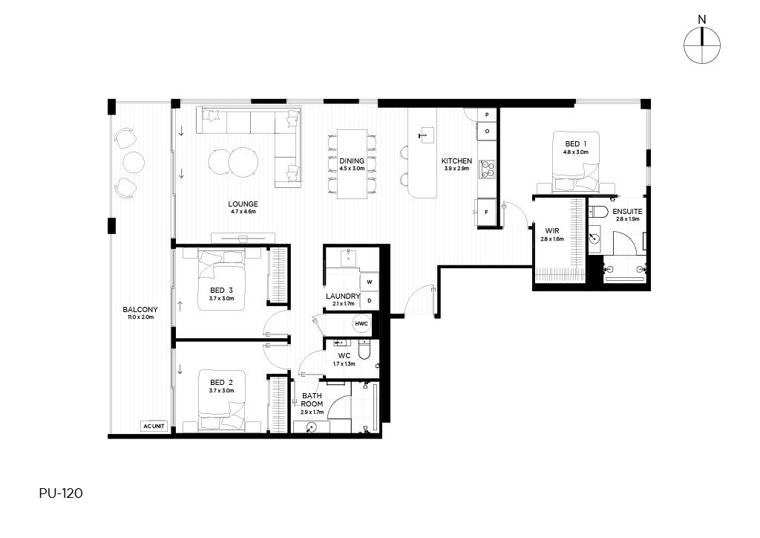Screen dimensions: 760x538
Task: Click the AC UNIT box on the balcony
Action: tap(154, 426)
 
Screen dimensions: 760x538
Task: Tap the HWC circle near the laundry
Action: tap(361, 323)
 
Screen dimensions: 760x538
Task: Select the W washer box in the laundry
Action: tap(370, 282)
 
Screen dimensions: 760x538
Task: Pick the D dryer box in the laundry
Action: tap(370, 301)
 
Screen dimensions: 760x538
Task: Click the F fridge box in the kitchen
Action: tap(487, 212)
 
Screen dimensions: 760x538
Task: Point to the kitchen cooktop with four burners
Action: tap(488, 169)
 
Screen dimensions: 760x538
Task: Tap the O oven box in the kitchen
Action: tap(487, 131)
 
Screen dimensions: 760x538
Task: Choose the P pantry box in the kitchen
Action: tap(487, 115)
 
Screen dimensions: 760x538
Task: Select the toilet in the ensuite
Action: tap(599, 212)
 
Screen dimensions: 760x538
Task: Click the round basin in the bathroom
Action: tap(312, 427)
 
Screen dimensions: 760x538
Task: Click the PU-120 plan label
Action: tap(61, 493)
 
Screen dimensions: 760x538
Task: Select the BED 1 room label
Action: tap(576, 143)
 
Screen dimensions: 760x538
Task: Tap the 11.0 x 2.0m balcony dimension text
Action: tap(140, 317)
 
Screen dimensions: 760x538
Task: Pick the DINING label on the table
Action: tap(352, 161)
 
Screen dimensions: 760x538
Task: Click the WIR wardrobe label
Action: tap(552, 231)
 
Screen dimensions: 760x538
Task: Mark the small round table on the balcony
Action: tap(134, 162)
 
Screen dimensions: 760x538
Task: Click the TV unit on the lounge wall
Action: tap(243, 238)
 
